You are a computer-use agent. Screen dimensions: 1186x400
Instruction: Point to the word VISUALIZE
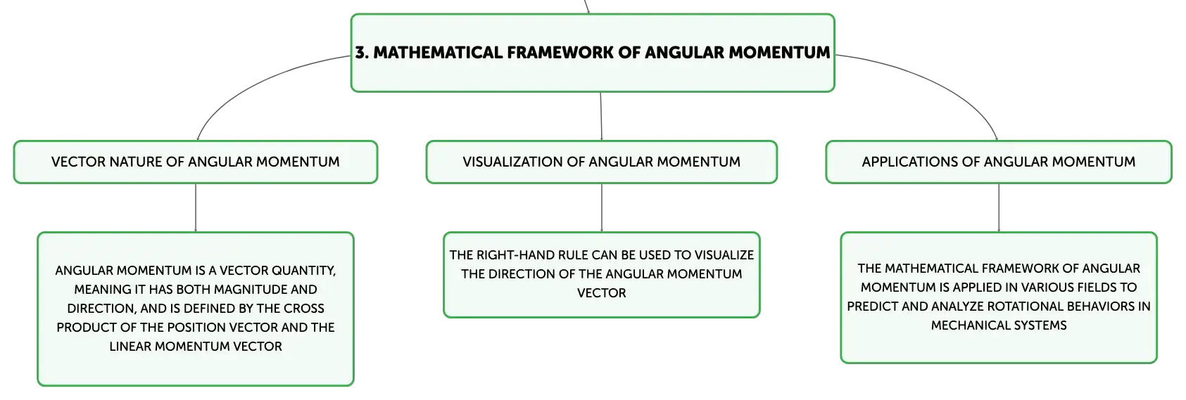[x=724, y=255]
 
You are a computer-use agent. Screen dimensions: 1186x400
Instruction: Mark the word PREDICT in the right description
[x=871, y=307]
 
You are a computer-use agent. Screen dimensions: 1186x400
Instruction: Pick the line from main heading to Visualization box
[x=601, y=117]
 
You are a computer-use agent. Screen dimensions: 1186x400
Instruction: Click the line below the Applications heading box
[x=999, y=208]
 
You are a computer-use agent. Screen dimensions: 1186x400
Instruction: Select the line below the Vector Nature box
[x=196, y=208]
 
